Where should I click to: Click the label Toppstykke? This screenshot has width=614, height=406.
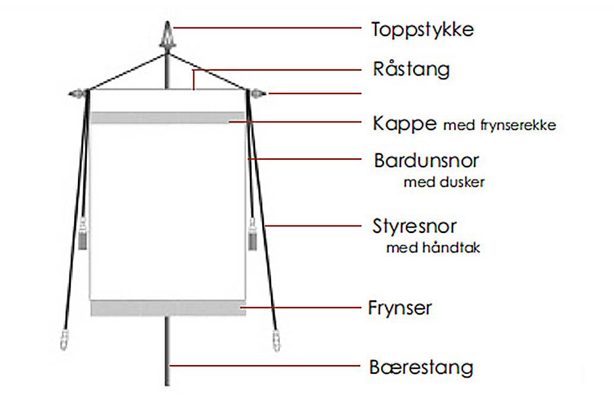[x=423, y=29]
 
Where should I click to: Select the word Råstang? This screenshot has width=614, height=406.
[x=411, y=69]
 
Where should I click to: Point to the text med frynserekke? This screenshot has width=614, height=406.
[x=500, y=125]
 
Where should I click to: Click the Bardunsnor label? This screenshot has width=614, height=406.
[x=426, y=160]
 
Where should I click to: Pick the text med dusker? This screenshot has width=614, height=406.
[x=443, y=182]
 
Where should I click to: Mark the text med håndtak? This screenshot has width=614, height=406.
[x=433, y=248]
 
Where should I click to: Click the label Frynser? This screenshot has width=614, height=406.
[x=400, y=309]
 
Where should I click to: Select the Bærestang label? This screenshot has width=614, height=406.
[x=421, y=367]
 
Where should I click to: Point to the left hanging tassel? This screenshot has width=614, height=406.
[x=83, y=234]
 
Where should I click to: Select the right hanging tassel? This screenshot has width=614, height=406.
[x=252, y=234]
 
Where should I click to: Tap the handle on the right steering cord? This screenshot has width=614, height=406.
[x=276, y=341]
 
